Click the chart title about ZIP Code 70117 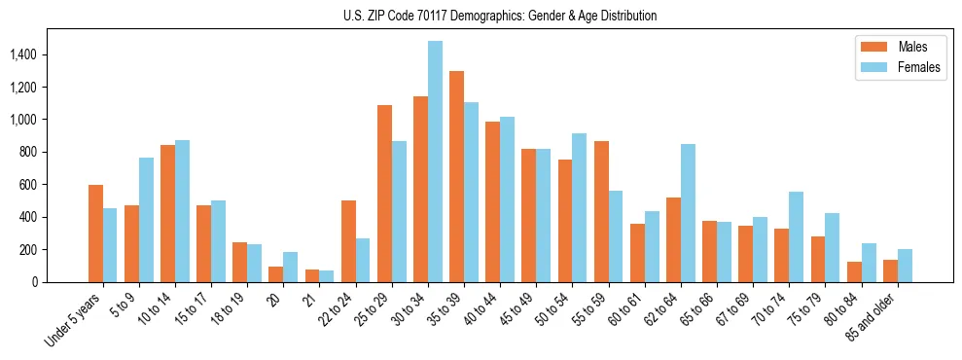tap(500, 16)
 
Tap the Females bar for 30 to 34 tap(435, 162)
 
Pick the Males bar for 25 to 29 tap(384, 194)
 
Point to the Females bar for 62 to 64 tap(688, 213)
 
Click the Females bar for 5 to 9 tap(146, 220)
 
